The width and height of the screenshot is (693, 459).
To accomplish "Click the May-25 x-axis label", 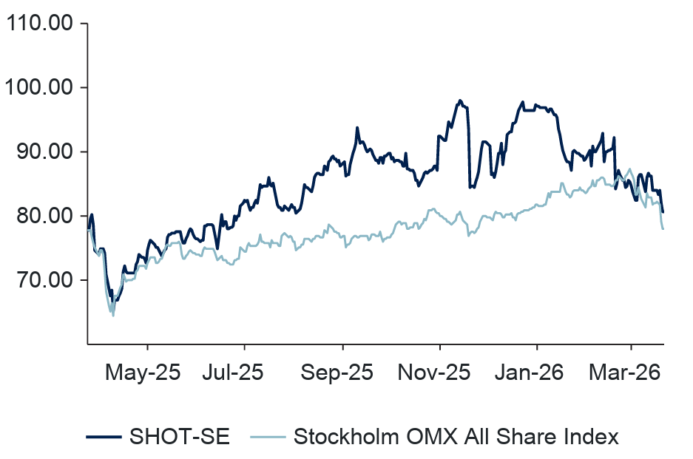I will click(143, 373).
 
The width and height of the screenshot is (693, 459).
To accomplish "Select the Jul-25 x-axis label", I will click(233, 373).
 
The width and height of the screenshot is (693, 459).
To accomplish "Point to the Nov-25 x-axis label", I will click(433, 373).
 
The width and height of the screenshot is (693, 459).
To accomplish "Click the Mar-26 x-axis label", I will click(625, 373).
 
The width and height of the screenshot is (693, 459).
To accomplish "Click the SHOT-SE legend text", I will click(180, 437).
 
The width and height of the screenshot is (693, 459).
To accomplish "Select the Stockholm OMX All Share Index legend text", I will click(456, 437).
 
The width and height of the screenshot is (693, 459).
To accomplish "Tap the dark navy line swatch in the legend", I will click(103, 437).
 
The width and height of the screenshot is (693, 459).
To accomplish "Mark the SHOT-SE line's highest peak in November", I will click(460, 101).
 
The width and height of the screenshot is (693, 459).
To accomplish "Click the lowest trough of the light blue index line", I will click(113, 316).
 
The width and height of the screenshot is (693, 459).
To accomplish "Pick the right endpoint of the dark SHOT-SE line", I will click(663, 212).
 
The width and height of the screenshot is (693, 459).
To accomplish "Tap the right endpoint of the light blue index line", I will click(663, 228).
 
